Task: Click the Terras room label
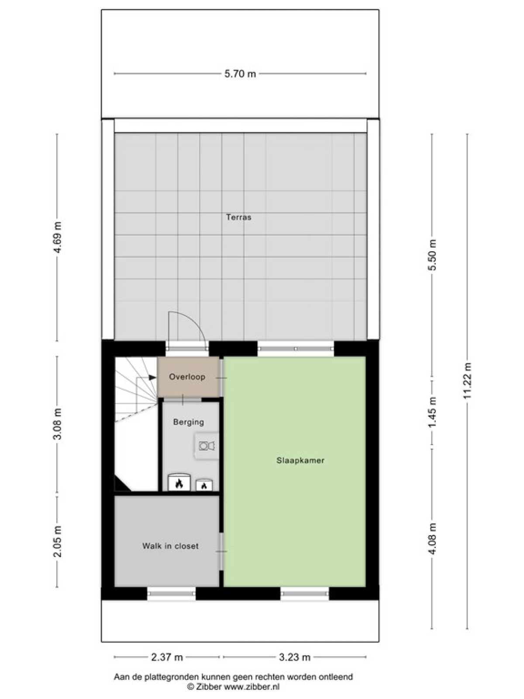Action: (x=238, y=217)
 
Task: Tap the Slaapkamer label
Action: (x=300, y=460)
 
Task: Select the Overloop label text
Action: (x=187, y=377)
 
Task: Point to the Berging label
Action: (x=188, y=422)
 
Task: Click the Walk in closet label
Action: (x=171, y=546)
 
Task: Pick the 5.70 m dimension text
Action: (x=240, y=74)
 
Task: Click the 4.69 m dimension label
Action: (x=58, y=237)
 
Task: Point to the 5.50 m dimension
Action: (x=432, y=256)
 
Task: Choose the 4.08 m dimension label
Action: (x=432, y=541)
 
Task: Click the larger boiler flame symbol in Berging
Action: (x=179, y=484)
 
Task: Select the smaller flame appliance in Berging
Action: (x=203, y=486)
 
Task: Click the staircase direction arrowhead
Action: (x=153, y=377)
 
